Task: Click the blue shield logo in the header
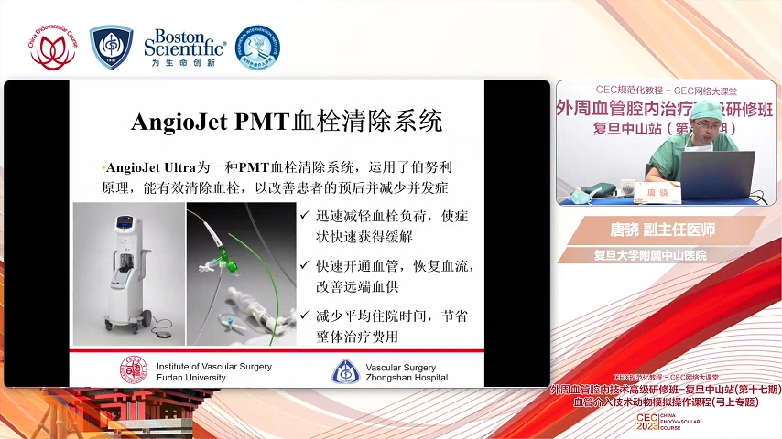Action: (111, 48)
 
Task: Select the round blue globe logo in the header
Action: (258, 48)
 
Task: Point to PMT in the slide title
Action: (263, 122)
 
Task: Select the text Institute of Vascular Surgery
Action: (214, 366)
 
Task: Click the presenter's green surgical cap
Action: (703, 112)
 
